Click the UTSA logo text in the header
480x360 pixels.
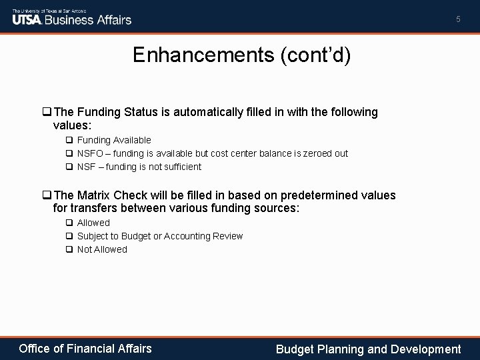(x=27, y=19)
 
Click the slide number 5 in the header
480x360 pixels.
(x=458, y=20)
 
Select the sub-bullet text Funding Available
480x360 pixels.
(x=114, y=140)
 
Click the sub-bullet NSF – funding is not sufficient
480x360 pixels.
(x=139, y=167)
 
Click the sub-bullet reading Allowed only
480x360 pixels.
(x=93, y=223)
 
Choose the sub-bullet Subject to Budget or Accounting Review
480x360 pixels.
(x=160, y=236)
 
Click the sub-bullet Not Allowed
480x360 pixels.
(x=102, y=249)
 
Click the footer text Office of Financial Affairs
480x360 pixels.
(x=85, y=348)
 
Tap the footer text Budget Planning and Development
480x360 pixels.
(x=368, y=349)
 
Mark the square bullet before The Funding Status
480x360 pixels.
(x=46, y=113)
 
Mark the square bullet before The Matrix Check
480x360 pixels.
(x=46, y=195)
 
